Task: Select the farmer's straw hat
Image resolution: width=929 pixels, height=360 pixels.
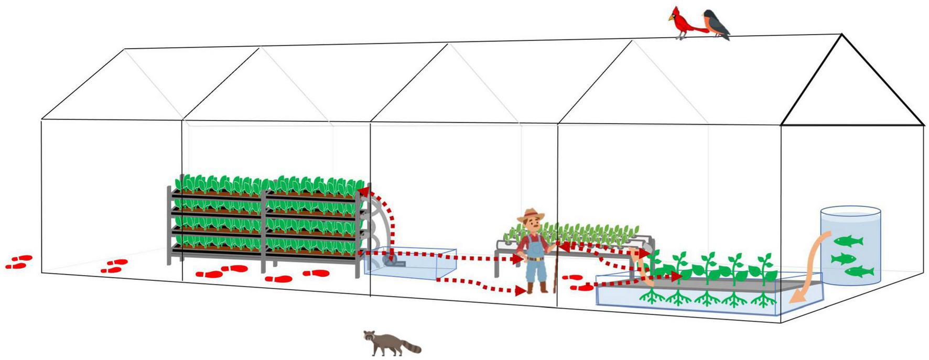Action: (x=531, y=215)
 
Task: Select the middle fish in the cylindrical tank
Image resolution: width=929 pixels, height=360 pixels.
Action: (x=844, y=258)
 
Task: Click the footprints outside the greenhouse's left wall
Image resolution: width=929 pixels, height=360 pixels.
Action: (x=19, y=262)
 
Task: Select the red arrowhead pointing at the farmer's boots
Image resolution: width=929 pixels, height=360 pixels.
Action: (x=521, y=290)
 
